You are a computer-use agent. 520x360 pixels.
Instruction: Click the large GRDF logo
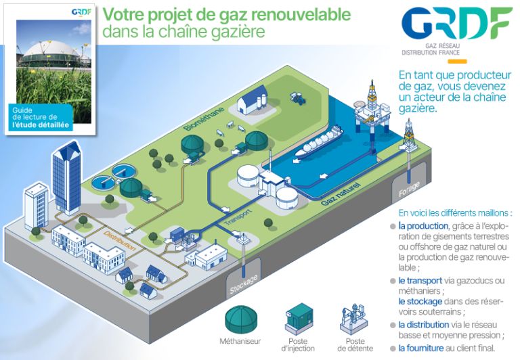[x=456, y=24]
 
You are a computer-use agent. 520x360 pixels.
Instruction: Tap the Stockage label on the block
[x=244, y=285]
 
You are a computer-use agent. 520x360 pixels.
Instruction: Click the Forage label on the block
[x=409, y=189]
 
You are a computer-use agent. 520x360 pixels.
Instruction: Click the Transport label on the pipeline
[x=238, y=217]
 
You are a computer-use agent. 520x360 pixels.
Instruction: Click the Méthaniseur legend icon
[x=240, y=319]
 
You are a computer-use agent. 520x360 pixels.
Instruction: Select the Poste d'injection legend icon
[x=299, y=319]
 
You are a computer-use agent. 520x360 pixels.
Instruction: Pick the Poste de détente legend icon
[x=354, y=319]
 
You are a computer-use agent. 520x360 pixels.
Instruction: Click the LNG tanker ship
[x=319, y=141]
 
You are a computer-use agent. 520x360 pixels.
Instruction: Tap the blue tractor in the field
[x=297, y=98]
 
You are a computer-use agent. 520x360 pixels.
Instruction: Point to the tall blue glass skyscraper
[x=67, y=179]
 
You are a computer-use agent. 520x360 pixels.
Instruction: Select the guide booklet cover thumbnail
[x=50, y=69]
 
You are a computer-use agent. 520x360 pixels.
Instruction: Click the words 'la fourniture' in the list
[x=421, y=348]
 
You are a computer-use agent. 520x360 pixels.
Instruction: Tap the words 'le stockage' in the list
[x=420, y=301]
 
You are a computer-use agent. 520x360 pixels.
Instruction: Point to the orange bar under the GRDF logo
[x=457, y=62]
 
